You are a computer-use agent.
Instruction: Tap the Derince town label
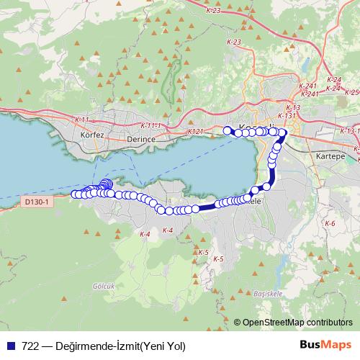click(140, 138)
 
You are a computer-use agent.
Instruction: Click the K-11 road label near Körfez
click(81, 120)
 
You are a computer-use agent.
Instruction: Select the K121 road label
click(196, 132)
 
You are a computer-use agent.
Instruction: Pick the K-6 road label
click(330, 224)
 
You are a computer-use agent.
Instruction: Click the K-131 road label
click(287, 115)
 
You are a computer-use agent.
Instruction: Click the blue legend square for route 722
click(12, 346)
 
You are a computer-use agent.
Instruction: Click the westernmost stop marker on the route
click(74, 194)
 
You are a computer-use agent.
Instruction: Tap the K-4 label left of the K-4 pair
click(145, 234)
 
